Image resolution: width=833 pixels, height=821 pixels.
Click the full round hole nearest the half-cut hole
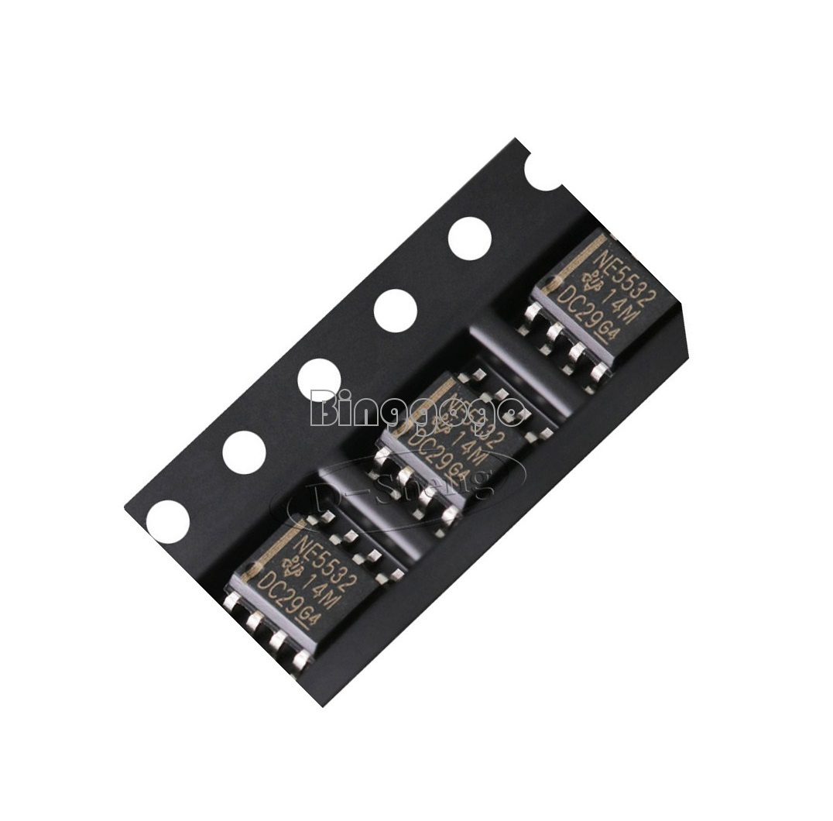point(470,238)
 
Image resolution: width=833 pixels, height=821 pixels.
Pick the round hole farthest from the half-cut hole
point(168,520)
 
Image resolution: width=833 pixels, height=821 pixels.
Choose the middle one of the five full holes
point(319,380)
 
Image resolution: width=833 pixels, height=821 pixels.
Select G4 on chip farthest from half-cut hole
point(308,615)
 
